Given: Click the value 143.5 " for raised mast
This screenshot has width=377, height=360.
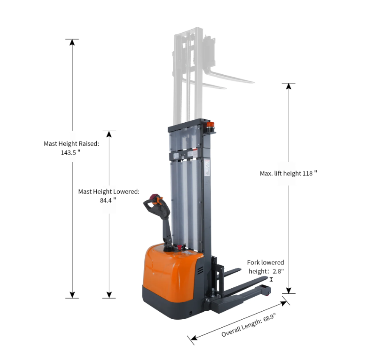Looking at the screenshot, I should tap(70, 153).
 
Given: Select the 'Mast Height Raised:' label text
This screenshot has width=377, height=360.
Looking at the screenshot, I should tap(71, 143).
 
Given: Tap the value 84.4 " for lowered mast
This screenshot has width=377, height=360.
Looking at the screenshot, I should tap(108, 200).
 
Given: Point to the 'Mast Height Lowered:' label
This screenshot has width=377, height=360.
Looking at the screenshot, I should tap(109, 191).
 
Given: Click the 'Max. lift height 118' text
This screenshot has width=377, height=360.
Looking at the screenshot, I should tap(288, 173).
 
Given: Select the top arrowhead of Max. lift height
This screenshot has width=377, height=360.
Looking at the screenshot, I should tap(289, 86).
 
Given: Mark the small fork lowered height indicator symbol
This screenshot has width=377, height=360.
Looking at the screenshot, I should tap(271, 279).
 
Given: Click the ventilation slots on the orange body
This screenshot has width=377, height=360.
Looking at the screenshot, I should tap(200, 270).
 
